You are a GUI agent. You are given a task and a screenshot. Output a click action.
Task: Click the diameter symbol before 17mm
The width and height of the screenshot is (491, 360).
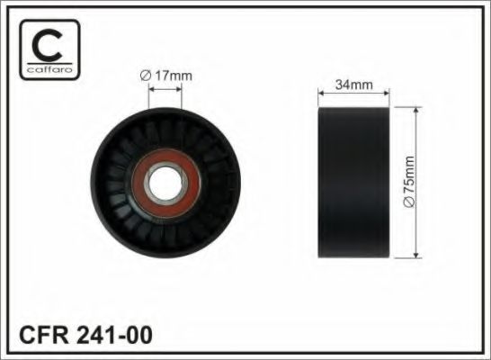[x=145, y=76]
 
